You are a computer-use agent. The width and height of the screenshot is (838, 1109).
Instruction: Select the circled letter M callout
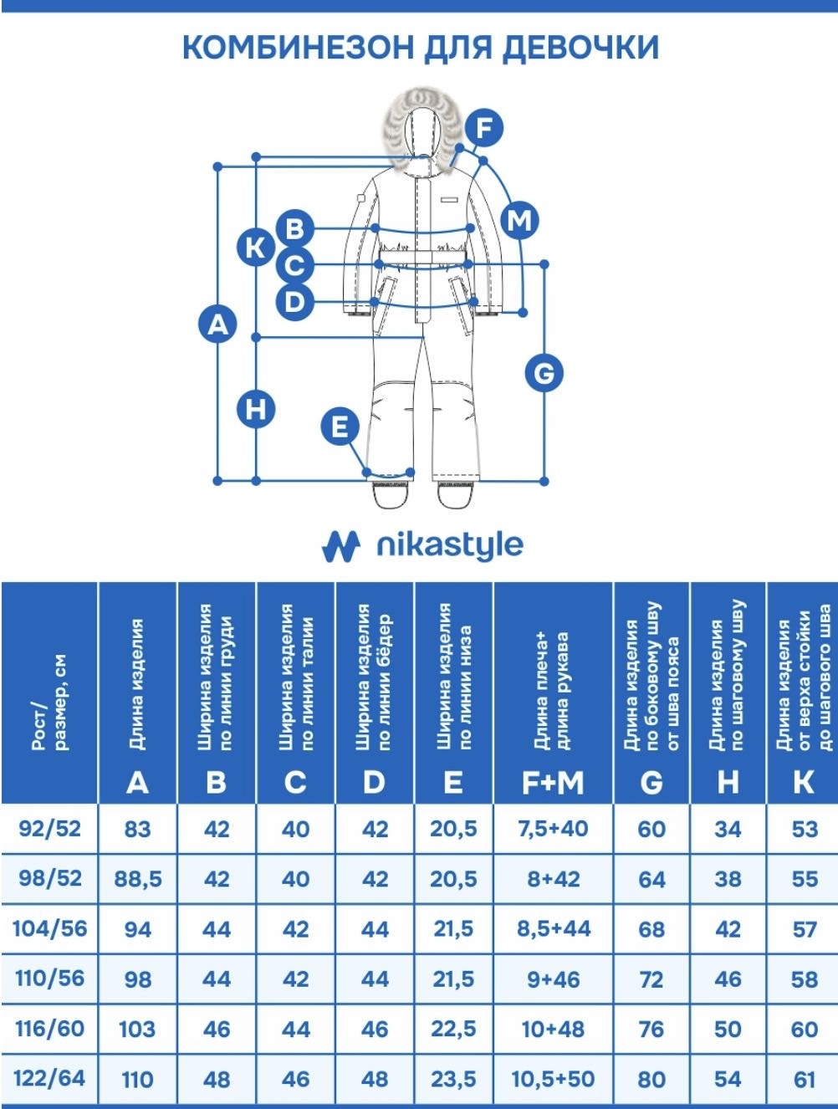click(519, 221)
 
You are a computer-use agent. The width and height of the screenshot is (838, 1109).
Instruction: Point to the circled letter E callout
click(340, 427)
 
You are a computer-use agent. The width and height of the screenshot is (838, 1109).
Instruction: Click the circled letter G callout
click(544, 374)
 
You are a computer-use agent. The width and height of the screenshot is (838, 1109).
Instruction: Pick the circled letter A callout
click(217, 324)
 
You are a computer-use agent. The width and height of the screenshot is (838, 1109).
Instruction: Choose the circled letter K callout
click(256, 248)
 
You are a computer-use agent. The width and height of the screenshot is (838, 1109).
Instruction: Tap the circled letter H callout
click(256, 409)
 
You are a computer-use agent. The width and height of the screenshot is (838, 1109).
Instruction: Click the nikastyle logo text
click(450, 545)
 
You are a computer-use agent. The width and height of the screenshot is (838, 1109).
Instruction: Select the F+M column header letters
click(553, 783)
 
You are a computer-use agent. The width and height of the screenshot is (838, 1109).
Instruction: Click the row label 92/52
click(49, 829)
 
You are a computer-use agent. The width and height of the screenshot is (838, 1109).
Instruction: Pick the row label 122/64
click(49, 1079)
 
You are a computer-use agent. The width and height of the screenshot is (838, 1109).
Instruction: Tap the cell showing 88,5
click(138, 879)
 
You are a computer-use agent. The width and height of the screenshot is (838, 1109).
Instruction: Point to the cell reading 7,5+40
click(553, 829)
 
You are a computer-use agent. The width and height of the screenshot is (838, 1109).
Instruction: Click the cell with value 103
click(137, 1030)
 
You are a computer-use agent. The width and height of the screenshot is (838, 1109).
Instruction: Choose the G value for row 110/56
click(651, 979)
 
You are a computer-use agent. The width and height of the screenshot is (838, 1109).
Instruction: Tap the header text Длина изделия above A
click(137, 684)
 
